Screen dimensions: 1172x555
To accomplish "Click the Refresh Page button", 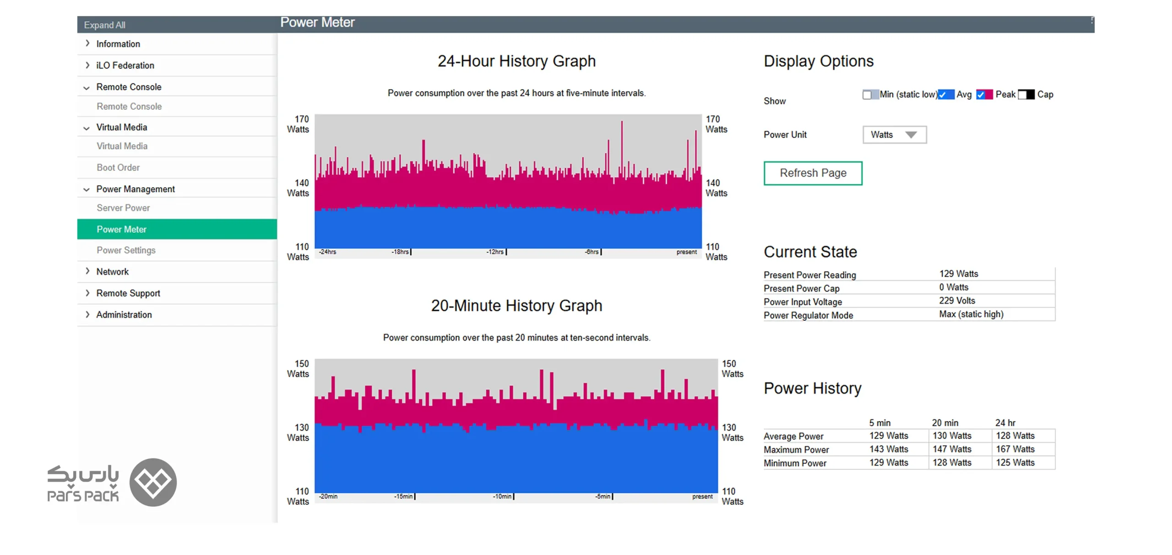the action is coord(813,173).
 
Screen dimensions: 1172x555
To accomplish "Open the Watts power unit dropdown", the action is coord(895,135).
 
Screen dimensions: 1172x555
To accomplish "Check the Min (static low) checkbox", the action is coord(867,95).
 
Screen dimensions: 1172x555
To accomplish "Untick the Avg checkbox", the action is coord(942,95).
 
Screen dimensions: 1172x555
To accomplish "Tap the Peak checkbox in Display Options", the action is coord(981,95).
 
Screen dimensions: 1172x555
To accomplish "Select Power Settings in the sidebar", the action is coord(126,250).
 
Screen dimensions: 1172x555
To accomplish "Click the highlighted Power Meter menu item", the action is coord(177,229).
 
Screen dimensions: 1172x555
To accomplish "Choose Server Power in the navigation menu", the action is coord(123,208).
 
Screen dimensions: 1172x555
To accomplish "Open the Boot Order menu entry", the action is coord(118,167).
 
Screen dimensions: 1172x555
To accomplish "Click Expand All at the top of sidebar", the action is coord(104,25).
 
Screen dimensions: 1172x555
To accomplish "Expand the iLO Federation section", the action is coord(125,65).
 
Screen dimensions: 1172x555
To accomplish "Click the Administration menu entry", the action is coord(124,315).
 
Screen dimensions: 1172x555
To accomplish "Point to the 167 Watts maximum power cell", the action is coord(1015,449).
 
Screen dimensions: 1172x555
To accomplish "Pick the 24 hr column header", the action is coord(1005,423).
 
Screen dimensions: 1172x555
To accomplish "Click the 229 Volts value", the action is coord(957,301).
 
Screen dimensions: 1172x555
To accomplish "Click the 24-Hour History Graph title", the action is coord(516,61).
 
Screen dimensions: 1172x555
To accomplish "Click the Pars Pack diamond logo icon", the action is coord(153,482).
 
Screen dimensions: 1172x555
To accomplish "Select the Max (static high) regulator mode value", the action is coord(971,314).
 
